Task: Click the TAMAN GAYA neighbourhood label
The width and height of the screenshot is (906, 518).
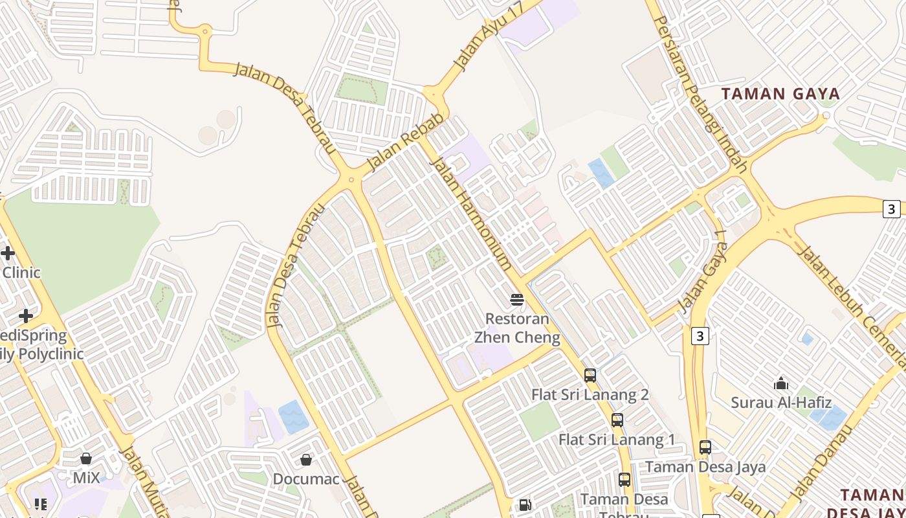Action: click(780, 94)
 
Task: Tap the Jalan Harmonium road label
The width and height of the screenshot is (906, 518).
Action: click(471, 214)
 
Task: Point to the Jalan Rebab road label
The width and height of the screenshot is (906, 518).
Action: click(406, 143)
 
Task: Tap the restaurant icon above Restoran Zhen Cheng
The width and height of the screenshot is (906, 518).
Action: click(516, 299)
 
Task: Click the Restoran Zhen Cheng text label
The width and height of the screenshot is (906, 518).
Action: click(517, 328)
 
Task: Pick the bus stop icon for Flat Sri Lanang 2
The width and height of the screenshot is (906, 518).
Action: click(590, 376)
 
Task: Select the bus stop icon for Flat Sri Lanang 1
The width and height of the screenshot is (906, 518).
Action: click(617, 420)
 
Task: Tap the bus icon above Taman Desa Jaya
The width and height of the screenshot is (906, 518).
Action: click(705, 447)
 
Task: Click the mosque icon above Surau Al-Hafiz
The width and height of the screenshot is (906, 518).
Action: click(781, 383)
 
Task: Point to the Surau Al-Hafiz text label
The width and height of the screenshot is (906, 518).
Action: click(781, 403)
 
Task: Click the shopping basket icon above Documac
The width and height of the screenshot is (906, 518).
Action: click(306, 460)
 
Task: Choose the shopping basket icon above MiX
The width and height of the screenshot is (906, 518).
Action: click(86, 458)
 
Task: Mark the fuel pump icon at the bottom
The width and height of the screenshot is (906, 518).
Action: click(525, 504)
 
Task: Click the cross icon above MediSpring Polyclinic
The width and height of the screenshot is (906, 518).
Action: click(26, 316)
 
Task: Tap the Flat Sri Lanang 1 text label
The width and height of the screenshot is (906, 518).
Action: click(617, 440)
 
